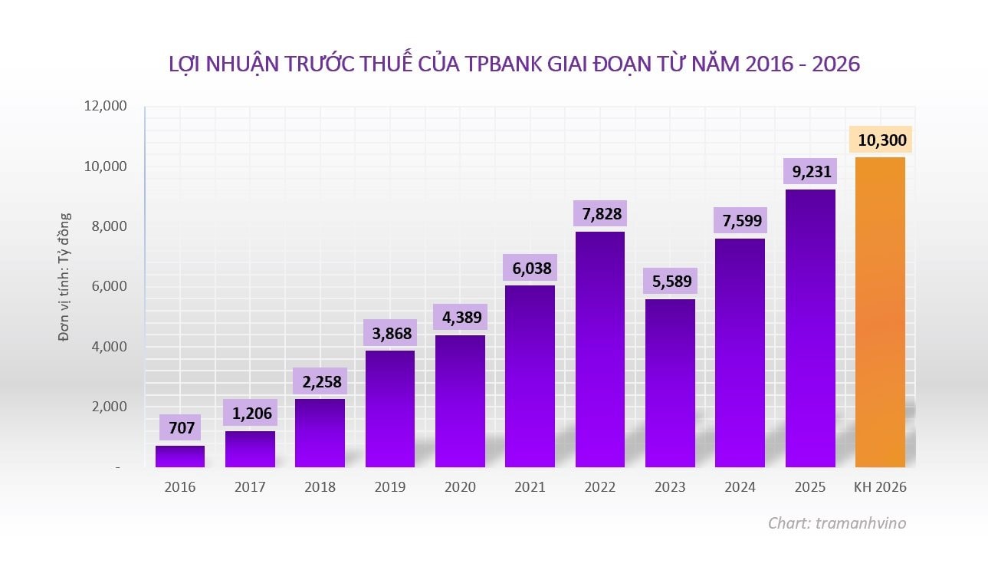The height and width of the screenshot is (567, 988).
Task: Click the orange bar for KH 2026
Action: click(x=880, y=312)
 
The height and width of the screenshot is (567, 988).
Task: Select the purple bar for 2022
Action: click(x=599, y=349)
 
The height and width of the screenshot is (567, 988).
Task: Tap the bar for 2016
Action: click(x=180, y=457)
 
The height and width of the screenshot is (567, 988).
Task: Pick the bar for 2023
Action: click(x=670, y=383)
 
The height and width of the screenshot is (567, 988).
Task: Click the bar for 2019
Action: click(x=390, y=409)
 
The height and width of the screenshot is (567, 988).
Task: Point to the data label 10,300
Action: click(x=880, y=140)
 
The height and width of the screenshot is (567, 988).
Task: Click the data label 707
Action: click(x=180, y=428)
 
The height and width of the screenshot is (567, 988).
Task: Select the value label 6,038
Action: click(x=530, y=269)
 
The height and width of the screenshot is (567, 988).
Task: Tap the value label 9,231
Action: click(x=809, y=173)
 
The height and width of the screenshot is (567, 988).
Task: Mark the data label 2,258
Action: click(x=320, y=381)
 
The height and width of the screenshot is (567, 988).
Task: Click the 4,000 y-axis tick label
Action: click(x=107, y=347)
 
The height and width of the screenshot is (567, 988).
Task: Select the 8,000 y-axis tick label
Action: click(x=107, y=226)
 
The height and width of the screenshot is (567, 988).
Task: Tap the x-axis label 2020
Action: click(x=460, y=487)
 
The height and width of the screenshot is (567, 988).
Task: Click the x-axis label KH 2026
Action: click(x=880, y=487)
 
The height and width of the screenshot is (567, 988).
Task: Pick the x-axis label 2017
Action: click(x=250, y=487)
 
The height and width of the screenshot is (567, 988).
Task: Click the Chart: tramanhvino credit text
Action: click(x=837, y=523)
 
